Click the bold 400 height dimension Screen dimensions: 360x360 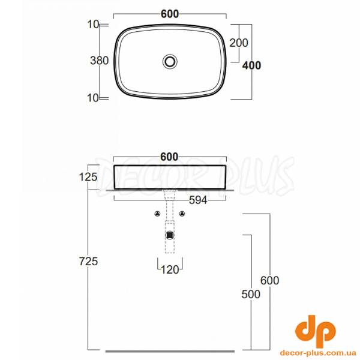pos(251,65)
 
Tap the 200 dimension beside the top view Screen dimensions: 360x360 pos(239,43)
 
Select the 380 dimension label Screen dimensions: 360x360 pos(100,61)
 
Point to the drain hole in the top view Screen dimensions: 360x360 pos(170,61)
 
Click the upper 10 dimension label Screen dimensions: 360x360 pos(93,25)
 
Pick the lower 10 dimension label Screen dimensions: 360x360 pos(93,98)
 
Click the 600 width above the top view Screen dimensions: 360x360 pos(170,14)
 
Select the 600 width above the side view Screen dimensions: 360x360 pos(169,157)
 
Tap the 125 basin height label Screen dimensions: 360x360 pos(88,177)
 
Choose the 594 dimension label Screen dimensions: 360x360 pos(198,200)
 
